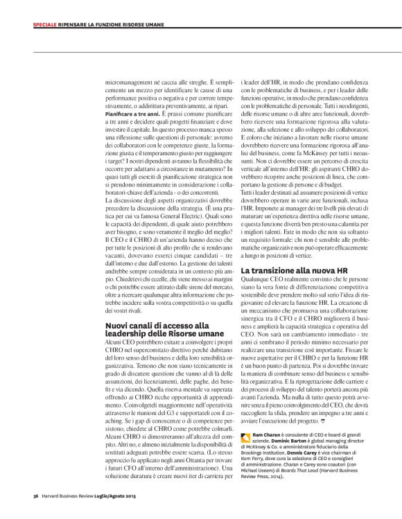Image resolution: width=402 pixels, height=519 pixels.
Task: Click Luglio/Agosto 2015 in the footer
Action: click(x=112, y=496)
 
